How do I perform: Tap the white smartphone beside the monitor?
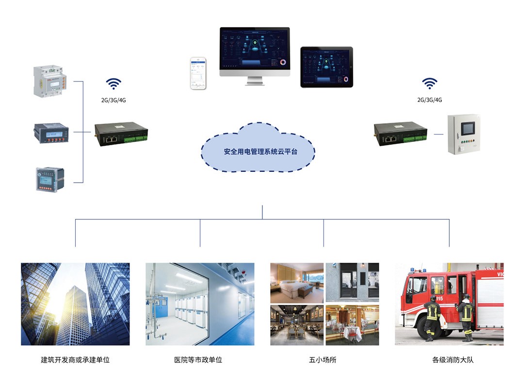point(197,73)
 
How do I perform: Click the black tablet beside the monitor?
point(326,67)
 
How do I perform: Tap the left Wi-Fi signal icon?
point(113,84)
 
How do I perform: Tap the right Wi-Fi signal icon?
point(429,84)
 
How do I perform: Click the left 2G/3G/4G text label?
point(114,100)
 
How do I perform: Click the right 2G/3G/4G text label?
point(430,100)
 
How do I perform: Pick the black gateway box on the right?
point(400,134)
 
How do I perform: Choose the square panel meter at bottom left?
point(49,180)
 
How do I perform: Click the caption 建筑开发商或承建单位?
point(75,360)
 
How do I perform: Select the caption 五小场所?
point(323,360)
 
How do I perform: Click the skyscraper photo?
point(75,304)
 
